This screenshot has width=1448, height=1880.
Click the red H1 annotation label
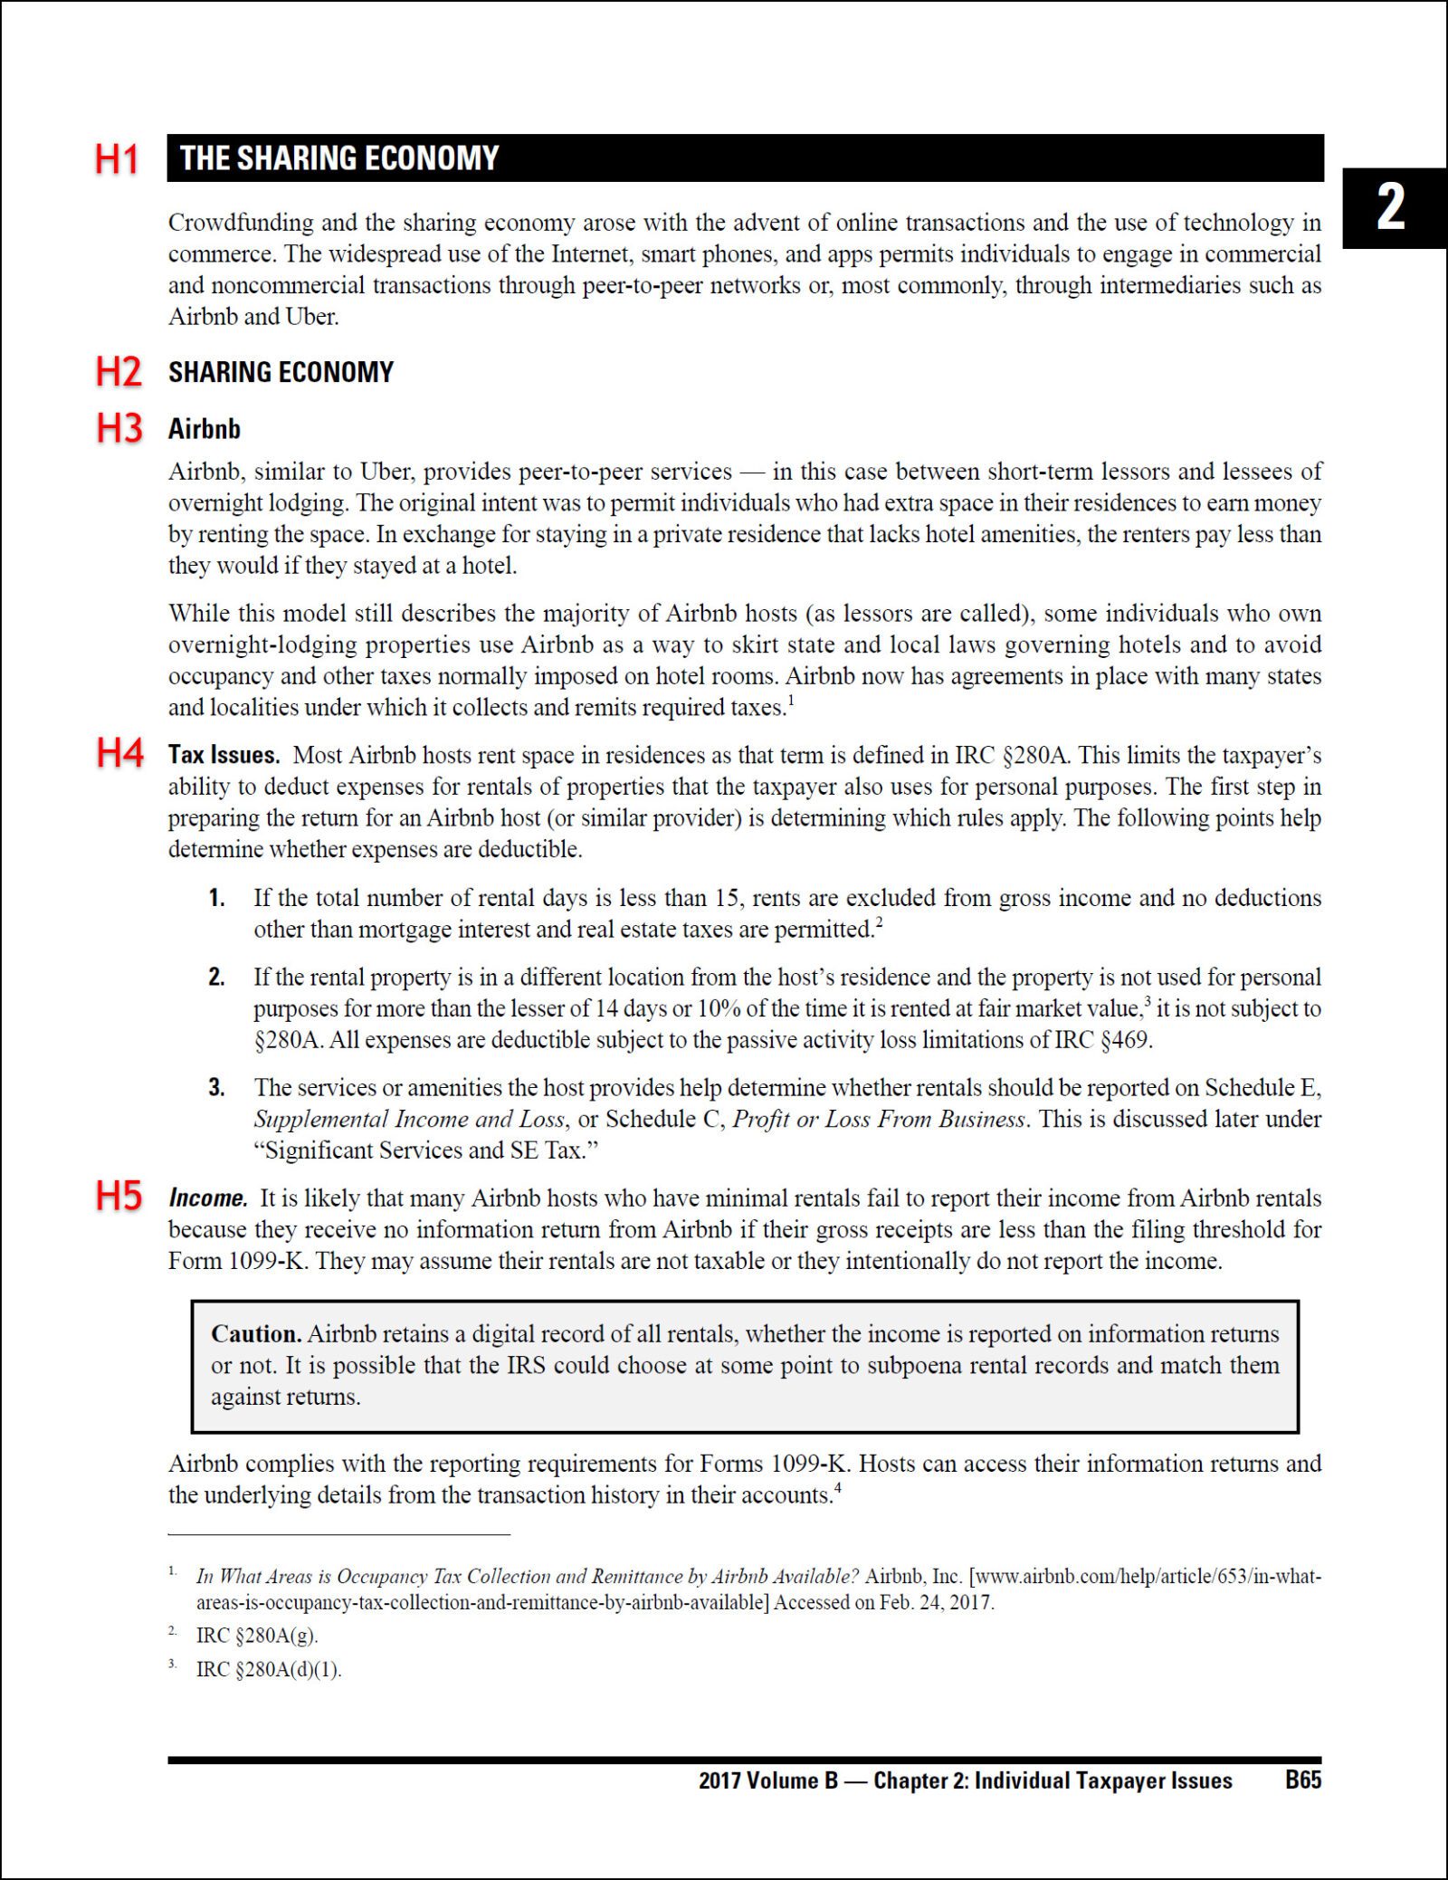(x=117, y=159)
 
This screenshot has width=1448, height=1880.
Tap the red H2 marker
(x=119, y=372)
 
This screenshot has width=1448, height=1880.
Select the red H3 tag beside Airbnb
(x=119, y=428)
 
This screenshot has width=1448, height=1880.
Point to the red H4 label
(x=119, y=753)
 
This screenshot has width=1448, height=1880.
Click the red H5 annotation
(x=119, y=1197)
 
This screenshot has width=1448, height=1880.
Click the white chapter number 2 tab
(x=1391, y=207)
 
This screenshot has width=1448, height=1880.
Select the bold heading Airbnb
(x=205, y=429)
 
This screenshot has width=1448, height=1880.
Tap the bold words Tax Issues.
(x=224, y=755)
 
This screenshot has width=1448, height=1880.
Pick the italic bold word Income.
(x=208, y=1198)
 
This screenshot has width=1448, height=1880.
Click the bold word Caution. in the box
(x=256, y=1334)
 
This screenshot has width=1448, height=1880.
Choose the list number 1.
(x=216, y=898)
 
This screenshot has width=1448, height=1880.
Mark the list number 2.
(x=216, y=978)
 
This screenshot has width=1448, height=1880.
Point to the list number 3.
(x=216, y=1088)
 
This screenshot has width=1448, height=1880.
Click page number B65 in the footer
(x=1302, y=1780)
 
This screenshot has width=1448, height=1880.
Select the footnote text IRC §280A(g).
(x=257, y=1636)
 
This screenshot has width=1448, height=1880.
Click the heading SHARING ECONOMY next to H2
(x=281, y=372)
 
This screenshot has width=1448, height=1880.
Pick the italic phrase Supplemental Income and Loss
(x=409, y=1120)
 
